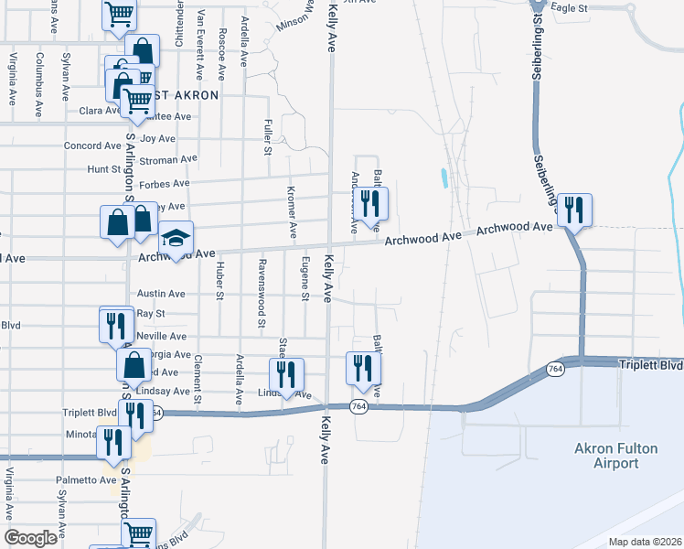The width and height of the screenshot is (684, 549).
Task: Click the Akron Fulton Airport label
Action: tap(605, 456)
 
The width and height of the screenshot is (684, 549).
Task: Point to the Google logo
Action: tap(30, 538)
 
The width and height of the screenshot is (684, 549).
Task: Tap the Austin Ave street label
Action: tap(161, 294)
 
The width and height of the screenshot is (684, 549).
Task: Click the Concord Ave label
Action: tap(92, 145)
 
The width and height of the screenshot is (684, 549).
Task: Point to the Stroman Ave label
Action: tap(176, 158)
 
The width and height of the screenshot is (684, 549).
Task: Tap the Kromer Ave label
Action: tap(292, 210)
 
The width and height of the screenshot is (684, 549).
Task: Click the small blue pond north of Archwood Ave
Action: tap(444, 178)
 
